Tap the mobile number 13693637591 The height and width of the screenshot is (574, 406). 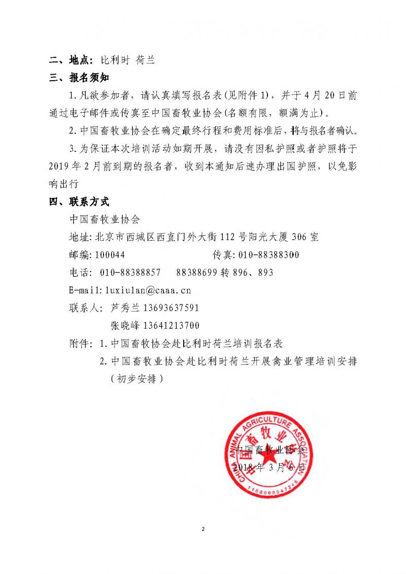172,308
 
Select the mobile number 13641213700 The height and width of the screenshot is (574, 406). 172,325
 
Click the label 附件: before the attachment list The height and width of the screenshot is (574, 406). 81,344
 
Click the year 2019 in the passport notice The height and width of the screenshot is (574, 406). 61,166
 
